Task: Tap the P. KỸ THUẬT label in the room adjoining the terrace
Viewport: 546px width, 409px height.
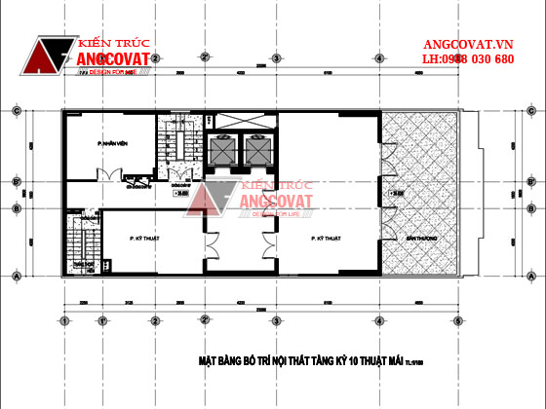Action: click(325, 237)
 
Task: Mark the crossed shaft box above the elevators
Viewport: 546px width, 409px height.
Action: click(241, 120)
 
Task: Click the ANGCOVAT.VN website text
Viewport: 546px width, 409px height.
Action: click(467, 45)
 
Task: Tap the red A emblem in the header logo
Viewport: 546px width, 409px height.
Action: click(50, 59)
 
